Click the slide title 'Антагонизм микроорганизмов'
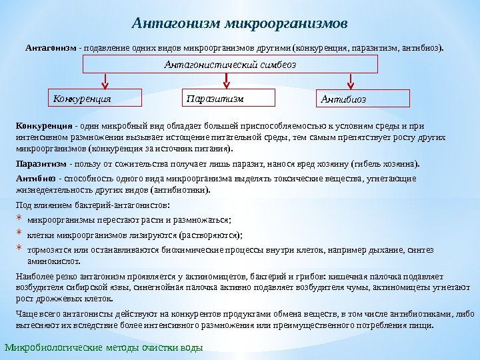(x=239, y=24)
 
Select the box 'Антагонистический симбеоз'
(x=230, y=64)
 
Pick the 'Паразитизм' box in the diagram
(x=228, y=98)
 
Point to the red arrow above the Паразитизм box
(x=229, y=80)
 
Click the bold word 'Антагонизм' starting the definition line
(x=51, y=48)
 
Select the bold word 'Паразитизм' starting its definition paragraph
(x=41, y=163)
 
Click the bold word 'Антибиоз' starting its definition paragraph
(x=35, y=178)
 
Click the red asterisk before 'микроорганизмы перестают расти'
(x=20, y=219)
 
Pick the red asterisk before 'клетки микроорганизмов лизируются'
(x=20, y=235)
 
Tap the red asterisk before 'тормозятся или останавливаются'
(x=20, y=250)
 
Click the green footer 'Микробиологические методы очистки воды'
(x=103, y=348)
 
